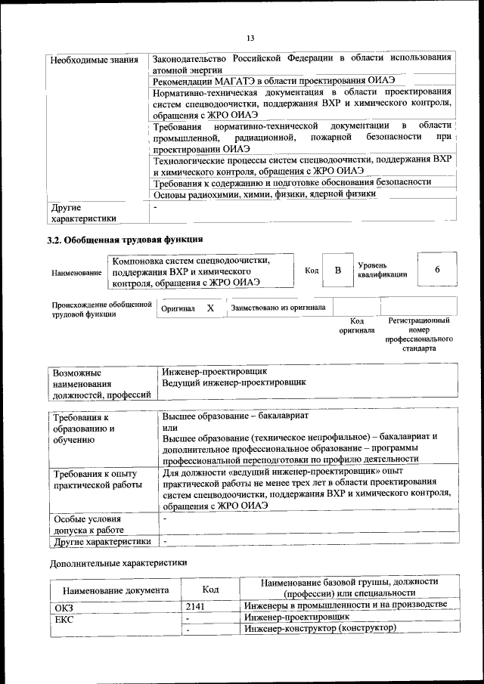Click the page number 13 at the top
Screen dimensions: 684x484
(250, 38)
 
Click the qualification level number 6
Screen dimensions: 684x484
(437, 271)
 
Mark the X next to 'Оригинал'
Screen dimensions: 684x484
(211, 308)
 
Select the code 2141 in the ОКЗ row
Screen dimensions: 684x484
(195, 605)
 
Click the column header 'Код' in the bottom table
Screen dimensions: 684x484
(211, 590)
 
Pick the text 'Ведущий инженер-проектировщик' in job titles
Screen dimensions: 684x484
(234, 383)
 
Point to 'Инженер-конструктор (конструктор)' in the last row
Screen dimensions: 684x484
(320, 628)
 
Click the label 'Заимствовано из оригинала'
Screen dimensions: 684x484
(278, 308)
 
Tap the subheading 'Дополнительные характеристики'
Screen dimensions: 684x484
(118, 562)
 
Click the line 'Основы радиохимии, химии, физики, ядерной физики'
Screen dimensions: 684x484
(264, 193)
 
